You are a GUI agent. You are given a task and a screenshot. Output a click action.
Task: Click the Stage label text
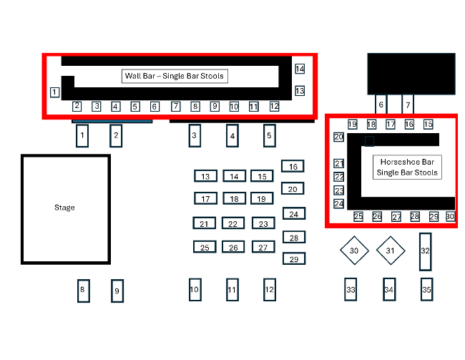[x=64, y=208]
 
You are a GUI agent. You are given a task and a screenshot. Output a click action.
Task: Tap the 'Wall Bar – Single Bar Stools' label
[x=175, y=76]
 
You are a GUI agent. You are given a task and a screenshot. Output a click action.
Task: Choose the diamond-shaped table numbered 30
[x=353, y=250]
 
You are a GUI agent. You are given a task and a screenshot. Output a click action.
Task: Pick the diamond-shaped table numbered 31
[x=390, y=250]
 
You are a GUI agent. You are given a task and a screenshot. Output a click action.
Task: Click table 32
[x=426, y=250]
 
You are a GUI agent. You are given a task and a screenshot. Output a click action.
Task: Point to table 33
[x=351, y=290]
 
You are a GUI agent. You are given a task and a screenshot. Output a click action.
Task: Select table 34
[x=389, y=290]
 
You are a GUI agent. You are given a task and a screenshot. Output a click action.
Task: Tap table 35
[x=426, y=290]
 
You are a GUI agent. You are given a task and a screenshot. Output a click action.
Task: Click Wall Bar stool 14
[x=300, y=69]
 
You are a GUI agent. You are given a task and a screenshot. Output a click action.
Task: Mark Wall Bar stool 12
[x=274, y=107]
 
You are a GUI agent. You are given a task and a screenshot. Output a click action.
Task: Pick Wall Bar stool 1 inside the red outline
[x=54, y=92]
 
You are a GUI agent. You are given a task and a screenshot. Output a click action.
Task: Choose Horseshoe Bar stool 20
[x=339, y=137]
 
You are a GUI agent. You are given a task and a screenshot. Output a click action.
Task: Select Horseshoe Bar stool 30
[x=450, y=216]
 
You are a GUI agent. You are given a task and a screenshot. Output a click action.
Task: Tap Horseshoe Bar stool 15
[x=428, y=125]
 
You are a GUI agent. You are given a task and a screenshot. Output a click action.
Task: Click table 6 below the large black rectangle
[x=381, y=104]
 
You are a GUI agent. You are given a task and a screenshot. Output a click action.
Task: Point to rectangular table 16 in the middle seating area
[x=293, y=167]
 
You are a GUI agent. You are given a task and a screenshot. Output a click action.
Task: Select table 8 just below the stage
[x=83, y=290]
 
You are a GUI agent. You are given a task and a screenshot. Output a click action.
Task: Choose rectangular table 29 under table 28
[x=293, y=259]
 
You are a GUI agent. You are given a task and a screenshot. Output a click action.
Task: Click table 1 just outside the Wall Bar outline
[x=82, y=135]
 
